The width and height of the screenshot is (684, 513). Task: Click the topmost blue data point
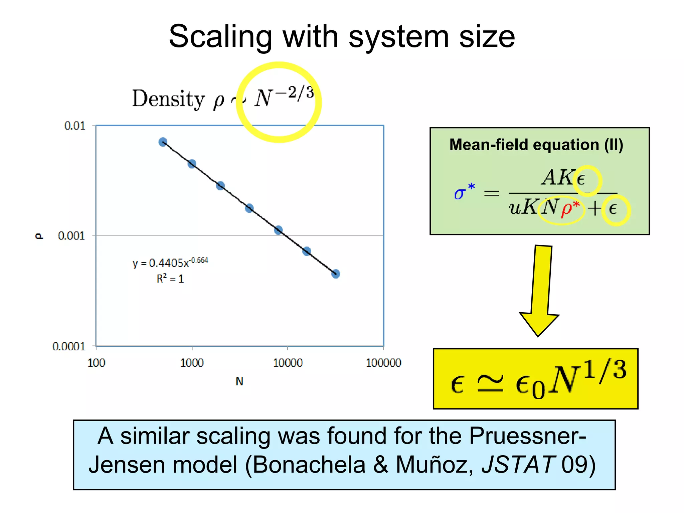click(x=163, y=142)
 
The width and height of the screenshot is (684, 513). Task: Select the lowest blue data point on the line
click(x=336, y=274)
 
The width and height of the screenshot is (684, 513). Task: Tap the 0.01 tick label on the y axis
click(x=75, y=126)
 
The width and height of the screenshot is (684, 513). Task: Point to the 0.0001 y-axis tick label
click(x=69, y=346)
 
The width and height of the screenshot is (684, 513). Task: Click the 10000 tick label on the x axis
click(x=288, y=363)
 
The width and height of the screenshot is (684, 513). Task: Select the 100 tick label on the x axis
click(x=96, y=363)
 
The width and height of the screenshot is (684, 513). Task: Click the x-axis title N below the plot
click(x=239, y=381)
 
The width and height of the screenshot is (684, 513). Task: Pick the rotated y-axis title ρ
click(x=39, y=236)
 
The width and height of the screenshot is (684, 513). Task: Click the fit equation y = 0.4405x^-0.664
click(x=170, y=263)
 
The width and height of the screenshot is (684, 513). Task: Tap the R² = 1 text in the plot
click(x=170, y=279)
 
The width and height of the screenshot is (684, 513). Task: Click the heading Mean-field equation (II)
click(x=536, y=145)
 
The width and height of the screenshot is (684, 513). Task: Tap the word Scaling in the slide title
click(x=220, y=37)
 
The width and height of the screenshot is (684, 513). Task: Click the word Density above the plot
click(x=168, y=99)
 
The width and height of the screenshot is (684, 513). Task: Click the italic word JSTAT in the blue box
click(x=518, y=465)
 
